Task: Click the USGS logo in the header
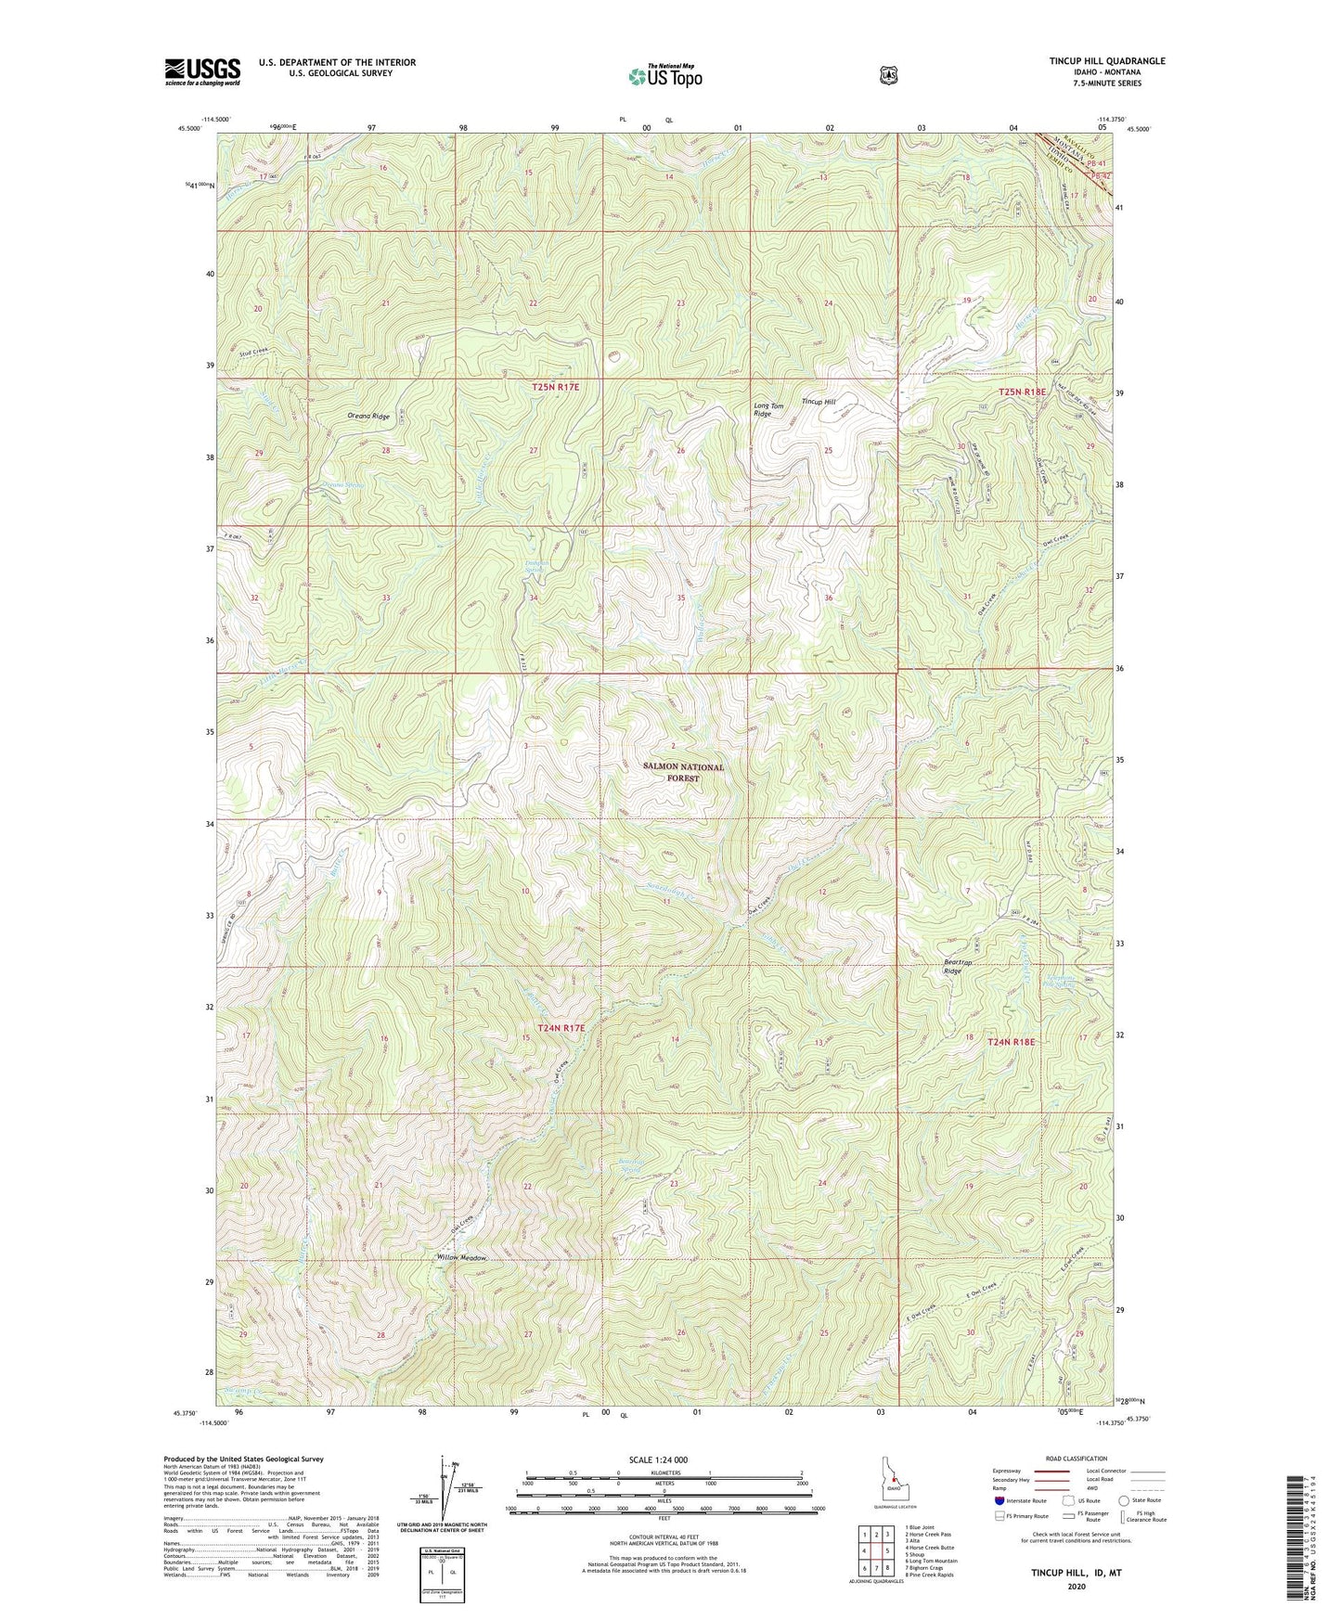pos(202,71)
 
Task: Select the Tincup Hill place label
pos(819,402)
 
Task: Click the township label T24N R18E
pos(1011,1042)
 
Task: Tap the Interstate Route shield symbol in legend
pos(999,1500)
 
